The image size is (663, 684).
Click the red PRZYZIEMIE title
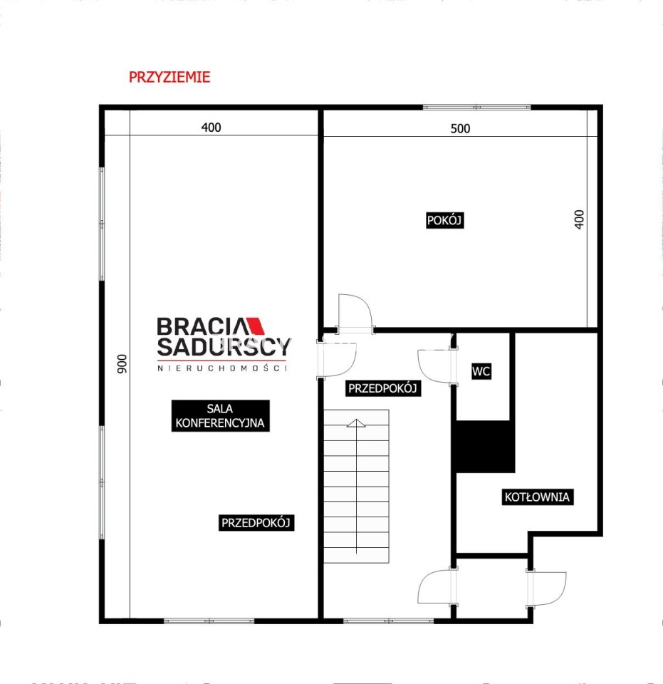click(x=169, y=77)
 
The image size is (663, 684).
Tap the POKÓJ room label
click(x=444, y=220)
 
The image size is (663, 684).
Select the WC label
click(x=481, y=371)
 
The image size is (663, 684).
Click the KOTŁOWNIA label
click(x=537, y=497)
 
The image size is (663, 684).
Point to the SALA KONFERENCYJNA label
click(x=220, y=415)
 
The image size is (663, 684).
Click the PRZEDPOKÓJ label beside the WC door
click(x=382, y=388)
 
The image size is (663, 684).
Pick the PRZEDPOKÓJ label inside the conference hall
click(x=256, y=522)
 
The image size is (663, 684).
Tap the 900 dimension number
click(x=122, y=363)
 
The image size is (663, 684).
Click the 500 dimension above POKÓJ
click(x=460, y=128)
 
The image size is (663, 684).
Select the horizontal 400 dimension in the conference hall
click(x=211, y=128)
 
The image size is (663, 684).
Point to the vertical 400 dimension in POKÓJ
click(x=579, y=219)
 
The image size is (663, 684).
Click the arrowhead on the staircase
click(x=356, y=423)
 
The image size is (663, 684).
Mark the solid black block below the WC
click(x=485, y=446)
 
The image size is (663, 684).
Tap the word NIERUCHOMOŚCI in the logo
click(x=222, y=368)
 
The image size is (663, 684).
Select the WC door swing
click(x=434, y=366)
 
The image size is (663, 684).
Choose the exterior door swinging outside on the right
click(x=548, y=589)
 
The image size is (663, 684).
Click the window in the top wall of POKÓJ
click(x=477, y=107)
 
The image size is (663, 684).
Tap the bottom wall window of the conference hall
click(x=209, y=621)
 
